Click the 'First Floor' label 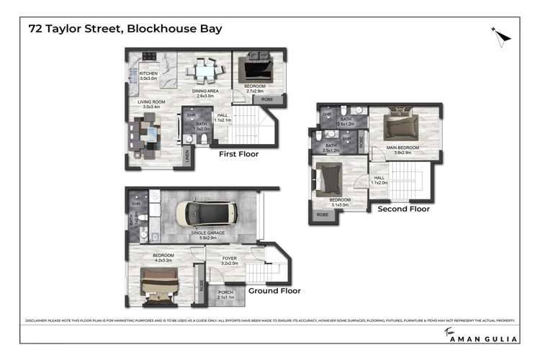click(x=238, y=154)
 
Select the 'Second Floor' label click(x=403, y=209)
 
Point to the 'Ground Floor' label click(x=274, y=291)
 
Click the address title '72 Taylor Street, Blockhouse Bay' click(x=125, y=30)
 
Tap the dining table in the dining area click(x=205, y=71)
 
